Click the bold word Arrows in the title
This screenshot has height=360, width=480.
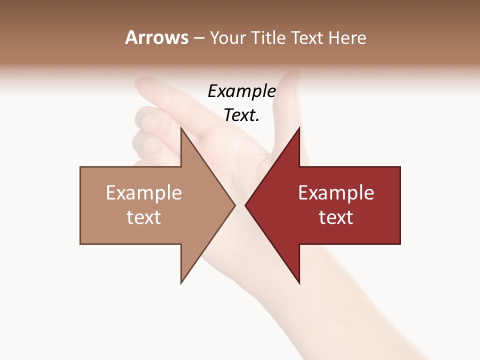157,37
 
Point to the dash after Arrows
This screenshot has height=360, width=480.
199,38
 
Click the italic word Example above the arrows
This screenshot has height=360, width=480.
242,91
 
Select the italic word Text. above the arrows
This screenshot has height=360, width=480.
241,115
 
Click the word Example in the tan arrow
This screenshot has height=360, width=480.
144,192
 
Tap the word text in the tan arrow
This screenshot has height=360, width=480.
144,217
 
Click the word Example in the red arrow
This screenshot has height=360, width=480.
336,192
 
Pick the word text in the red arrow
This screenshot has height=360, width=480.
336,217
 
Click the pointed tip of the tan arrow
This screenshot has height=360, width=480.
234,205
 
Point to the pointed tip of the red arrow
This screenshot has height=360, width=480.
245,205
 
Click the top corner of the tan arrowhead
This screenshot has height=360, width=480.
181,128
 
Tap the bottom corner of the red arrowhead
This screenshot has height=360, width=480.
299,282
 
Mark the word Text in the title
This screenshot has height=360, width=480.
307,37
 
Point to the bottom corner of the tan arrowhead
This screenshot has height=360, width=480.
181,282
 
